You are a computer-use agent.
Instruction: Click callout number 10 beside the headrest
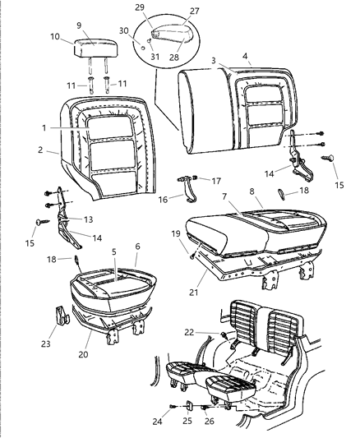click(x=55, y=37)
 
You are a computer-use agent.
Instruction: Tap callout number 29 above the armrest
click(x=140, y=7)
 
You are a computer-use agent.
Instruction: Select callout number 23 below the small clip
click(x=46, y=343)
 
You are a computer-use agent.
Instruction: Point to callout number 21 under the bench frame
click(x=193, y=293)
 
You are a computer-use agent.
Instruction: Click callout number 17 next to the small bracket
click(x=216, y=181)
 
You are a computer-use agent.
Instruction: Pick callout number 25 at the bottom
click(x=187, y=421)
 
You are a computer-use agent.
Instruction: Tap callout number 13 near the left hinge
click(x=88, y=219)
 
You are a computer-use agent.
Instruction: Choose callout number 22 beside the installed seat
click(x=189, y=332)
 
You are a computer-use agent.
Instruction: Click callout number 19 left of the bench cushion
click(x=176, y=233)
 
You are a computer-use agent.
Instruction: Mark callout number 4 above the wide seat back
click(x=245, y=56)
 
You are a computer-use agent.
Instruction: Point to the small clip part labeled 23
click(x=62, y=316)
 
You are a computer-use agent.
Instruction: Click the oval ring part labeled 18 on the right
click(x=281, y=194)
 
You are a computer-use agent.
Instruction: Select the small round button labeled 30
click(x=143, y=48)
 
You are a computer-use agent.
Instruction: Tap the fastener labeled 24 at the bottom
click(x=173, y=406)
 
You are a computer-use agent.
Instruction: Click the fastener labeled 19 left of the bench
click(x=192, y=255)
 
